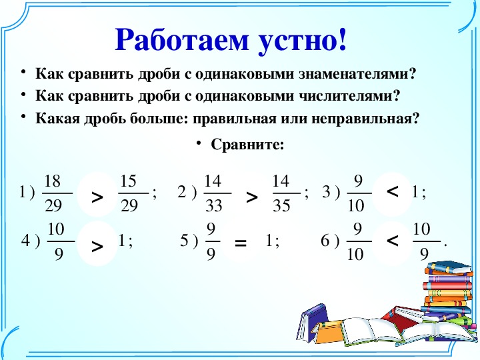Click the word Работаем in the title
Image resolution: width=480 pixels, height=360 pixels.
[x=181, y=40]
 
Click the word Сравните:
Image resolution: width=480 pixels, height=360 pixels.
[x=247, y=145]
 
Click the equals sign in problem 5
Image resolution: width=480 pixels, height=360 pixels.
[x=240, y=243]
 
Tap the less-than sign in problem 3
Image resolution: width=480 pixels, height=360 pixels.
[x=393, y=192]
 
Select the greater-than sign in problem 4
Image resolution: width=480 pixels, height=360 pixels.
[x=97, y=246]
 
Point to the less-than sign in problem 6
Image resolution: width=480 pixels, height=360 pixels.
[x=393, y=241]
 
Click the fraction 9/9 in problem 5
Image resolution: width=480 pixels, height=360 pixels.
[x=211, y=241]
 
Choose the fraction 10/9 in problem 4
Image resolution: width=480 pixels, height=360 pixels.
[x=60, y=241]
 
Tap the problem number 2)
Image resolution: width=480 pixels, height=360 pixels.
[x=187, y=192]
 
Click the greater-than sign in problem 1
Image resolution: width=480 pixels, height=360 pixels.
[x=97, y=198]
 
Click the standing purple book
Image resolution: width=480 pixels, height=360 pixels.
[x=312, y=323]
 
